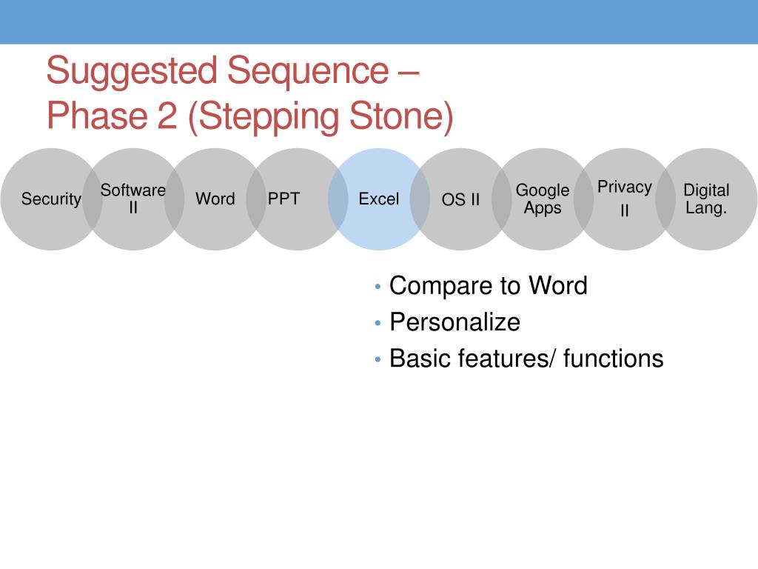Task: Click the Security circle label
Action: pyautogui.click(x=51, y=199)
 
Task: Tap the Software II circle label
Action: pyautogui.click(x=133, y=199)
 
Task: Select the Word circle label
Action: pyautogui.click(x=215, y=199)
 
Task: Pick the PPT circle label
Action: pyautogui.click(x=284, y=199)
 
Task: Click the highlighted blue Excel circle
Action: pyautogui.click(x=379, y=199)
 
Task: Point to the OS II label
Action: pyautogui.click(x=460, y=199)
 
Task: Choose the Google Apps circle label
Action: pyautogui.click(x=543, y=199)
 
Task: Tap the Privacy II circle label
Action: pyautogui.click(x=625, y=199)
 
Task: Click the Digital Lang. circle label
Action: pyautogui.click(x=706, y=199)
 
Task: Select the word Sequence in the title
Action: pyautogui.click(x=308, y=72)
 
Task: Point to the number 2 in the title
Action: pyautogui.click(x=167, y=116)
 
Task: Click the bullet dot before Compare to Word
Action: pyautogui.click(x=378, y=287)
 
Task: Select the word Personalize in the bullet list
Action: pyautogui.click(x=455, y=322)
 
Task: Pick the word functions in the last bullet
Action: pyautogui.click(x=614, y=359)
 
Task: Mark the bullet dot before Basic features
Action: pyautogui.click(x=378, y=359)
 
